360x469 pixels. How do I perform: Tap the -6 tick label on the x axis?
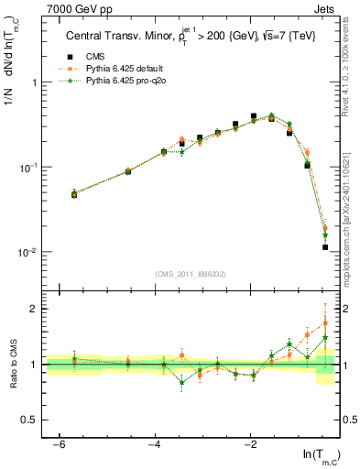pyautogui.click(x=59, y=444)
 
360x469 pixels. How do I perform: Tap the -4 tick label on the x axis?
pyautogui.click(x=155, y=444)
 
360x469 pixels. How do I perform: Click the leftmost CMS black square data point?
pyautogui.click(x=74, y=194)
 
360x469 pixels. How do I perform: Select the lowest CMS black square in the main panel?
pyautogui.click(x=325, y=247)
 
